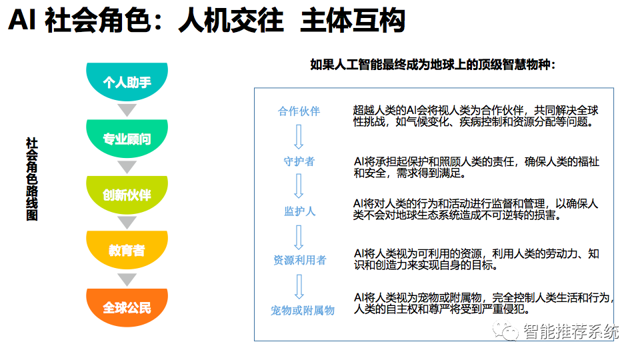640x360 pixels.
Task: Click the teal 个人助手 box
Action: click(127, 82)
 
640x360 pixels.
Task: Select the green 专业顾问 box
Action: click(127, 139)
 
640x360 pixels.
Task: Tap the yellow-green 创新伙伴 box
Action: click(127, 195)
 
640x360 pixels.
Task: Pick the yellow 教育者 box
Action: click(127, 251)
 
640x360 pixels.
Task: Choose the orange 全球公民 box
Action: click(127, 307)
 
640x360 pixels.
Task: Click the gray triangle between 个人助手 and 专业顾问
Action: click(127, 110)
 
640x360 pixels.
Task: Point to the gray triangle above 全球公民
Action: click(127, 279)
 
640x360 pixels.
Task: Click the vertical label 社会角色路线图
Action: click(31, 179)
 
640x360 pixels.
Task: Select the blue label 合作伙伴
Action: click(299, 111)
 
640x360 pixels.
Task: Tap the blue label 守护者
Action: click(299, 161)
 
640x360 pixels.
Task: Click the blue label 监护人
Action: click(299, 211)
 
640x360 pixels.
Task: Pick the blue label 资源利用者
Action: click(299, 260)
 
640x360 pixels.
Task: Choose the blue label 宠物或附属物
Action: click(302, 310)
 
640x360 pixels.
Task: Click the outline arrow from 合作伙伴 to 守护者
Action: click(299, 136)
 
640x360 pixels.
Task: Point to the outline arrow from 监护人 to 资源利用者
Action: click(299, 236)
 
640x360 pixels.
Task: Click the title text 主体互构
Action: click(353, 22)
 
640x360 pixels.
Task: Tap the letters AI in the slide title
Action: click(22, 22)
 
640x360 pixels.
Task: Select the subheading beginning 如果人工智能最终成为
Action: click(433, 65)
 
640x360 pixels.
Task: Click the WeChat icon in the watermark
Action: click(509, 331)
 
